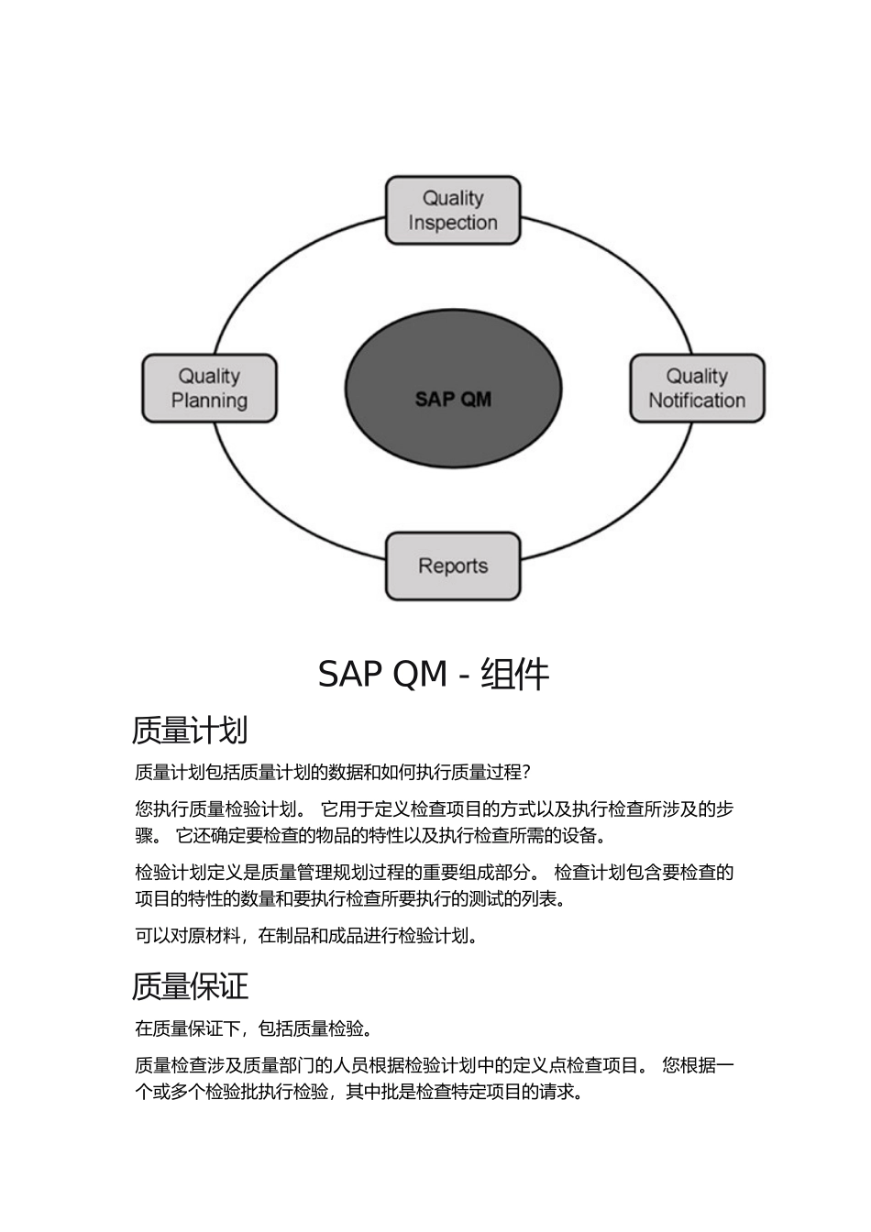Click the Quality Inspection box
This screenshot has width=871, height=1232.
tap(453, 210)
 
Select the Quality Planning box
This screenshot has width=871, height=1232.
tap(209, 388)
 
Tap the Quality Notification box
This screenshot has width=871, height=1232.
tap(697, 388)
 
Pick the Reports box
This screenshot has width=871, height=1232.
tap(453, 566)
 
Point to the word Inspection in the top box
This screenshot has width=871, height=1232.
tap(453, 223)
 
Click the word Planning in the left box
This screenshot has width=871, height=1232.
tap(209, 401)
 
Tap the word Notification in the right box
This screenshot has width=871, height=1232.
tap(697, 401)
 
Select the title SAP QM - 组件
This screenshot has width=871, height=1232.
tap(434, 675)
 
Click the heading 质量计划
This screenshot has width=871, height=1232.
tap(190, 731)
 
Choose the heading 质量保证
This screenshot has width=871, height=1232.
tap(190, 986)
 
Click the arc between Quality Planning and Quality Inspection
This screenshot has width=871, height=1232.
tap(275, 266)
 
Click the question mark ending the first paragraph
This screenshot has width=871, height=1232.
tap(526, 773)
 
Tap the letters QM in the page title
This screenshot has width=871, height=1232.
tap(420, 675)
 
